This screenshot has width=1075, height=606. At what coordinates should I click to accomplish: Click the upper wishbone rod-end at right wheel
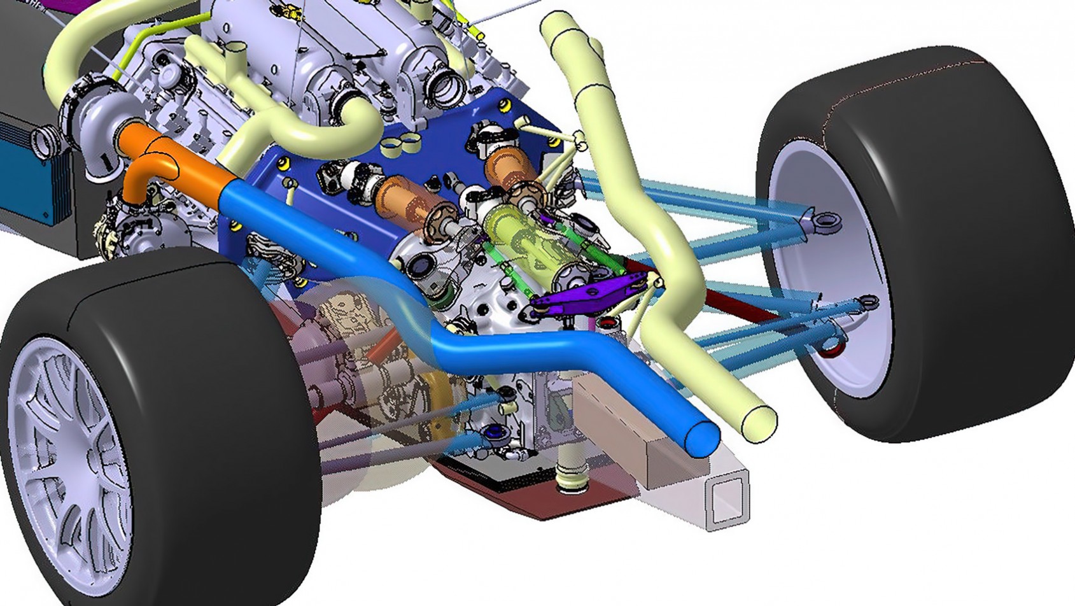pyautogui.click(x=826, y=222)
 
